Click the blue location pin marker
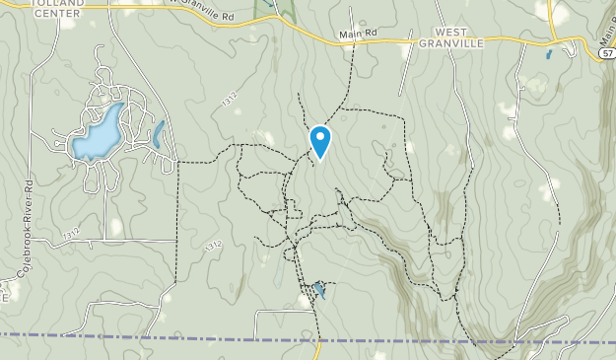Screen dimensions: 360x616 (x=319, y=142)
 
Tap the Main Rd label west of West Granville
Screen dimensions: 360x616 (x=358, y=34)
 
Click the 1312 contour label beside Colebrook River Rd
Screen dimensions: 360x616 (x=68, y=234)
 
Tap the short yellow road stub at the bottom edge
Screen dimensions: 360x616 (x=318, y=350)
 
